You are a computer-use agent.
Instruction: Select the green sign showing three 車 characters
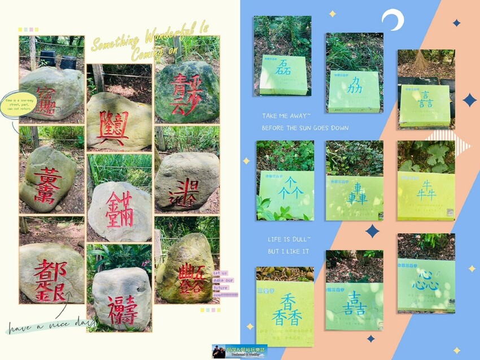pos(354,197)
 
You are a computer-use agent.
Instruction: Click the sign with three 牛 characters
pos(425,195)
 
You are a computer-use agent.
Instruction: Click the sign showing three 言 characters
pos(425,105)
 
